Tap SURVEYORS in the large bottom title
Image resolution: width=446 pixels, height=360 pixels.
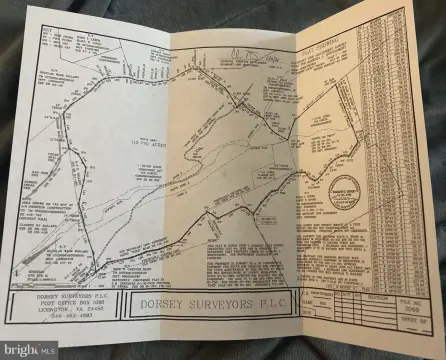click(221, 301)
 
